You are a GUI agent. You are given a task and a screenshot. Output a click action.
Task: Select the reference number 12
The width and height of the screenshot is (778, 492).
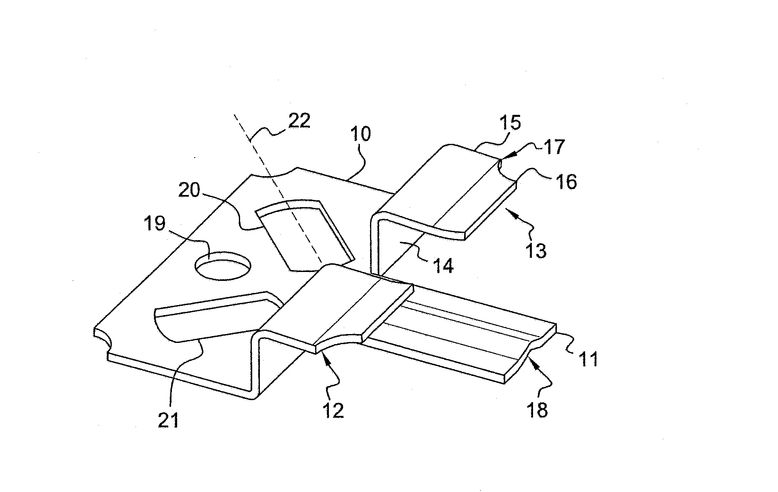pyautogui.click(x=333, y=410)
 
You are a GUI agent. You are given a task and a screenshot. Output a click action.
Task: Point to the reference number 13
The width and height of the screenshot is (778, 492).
pyautogui.click(x=536, y=250)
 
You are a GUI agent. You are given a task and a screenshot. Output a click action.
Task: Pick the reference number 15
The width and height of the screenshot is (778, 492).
pyautogui.click(x=509, y=122)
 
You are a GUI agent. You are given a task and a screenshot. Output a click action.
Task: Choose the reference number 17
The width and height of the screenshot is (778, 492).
pyautogui.click(x=554, y=147)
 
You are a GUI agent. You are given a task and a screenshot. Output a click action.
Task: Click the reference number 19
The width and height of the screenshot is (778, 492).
pyautogui.click(x=155, y=224)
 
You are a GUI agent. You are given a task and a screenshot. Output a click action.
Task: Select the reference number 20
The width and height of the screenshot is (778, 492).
pyautogui.click(x=189, y=190)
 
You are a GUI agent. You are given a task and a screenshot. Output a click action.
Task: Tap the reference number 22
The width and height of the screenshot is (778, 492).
pyautogui.click(x=299, y=121)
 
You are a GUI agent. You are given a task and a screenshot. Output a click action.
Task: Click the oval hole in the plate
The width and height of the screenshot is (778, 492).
pyautogui.click(x=223, y=266)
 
